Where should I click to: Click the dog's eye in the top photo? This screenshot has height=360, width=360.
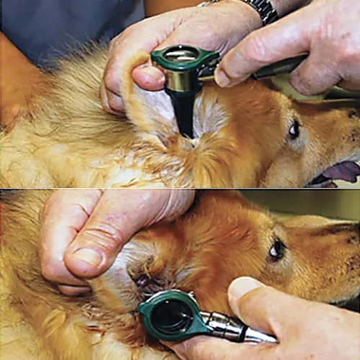point(294,130)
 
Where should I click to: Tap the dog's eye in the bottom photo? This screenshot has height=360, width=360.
point(276,250)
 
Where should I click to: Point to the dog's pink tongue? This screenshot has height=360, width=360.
point(341,171)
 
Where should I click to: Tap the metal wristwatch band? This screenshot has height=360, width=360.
point(261,9)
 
